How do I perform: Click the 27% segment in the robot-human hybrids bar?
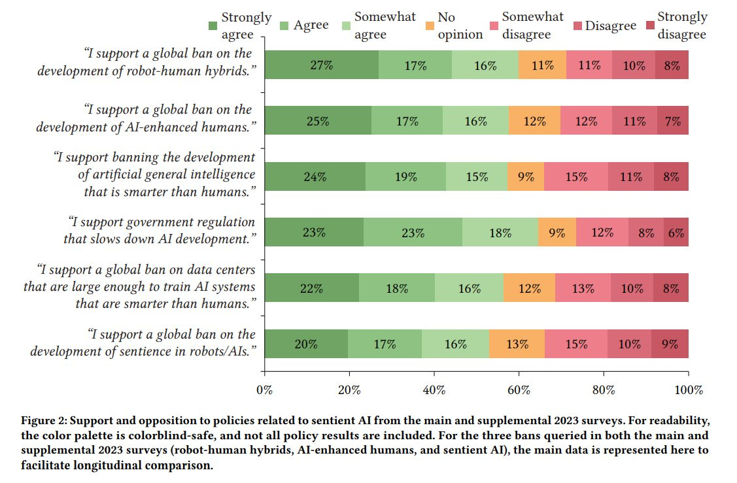point(322,65)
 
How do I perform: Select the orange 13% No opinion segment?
point(517,344)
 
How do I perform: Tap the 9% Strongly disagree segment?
point(670,344)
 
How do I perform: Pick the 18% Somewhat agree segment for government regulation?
point(500,232)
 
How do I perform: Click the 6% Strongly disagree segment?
point(676,232)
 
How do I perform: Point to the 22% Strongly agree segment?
point(312,288)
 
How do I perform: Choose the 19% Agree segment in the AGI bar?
point(405,176)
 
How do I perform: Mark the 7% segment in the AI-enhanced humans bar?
point(673,121)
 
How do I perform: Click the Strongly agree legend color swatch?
point(213,25)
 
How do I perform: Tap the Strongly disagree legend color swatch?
point(649,25)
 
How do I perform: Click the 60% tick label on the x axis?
point(519,390)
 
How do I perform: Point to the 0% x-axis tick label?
point(265,390)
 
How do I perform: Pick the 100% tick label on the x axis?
point(688,390)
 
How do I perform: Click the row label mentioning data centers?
point(146,287)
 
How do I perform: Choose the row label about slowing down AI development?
point(159,231)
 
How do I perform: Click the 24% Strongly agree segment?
point(315,176)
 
